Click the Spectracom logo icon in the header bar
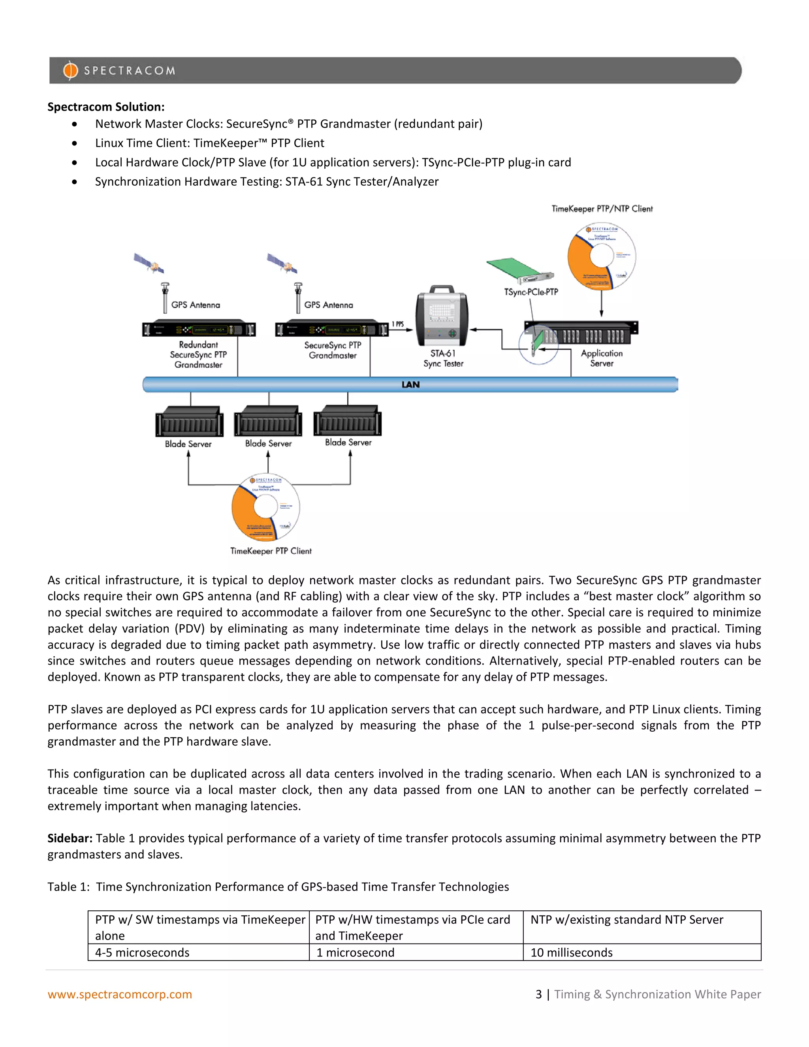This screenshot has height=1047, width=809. click(x=70, y=70)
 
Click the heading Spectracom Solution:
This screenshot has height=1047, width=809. click(x=106, y=107)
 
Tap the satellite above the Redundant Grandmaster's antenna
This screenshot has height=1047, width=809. click(x=149, y=263)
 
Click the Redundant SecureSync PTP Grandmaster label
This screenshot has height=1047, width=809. click(x=198, y=355)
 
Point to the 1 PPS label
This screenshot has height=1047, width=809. click(x=397, y=324)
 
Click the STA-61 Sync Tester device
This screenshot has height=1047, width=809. click(x=442, y=316)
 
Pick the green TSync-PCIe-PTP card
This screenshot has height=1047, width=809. click(x=519, y=271)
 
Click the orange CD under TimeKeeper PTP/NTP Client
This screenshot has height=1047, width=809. click(x=602, y=256)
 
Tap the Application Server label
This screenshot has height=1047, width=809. click(x=602, y=358)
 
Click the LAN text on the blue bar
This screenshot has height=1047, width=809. click(x=410, y=384)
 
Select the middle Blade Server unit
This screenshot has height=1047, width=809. click(x=268, y=422)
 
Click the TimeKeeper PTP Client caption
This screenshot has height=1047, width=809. click(x=271, y=551)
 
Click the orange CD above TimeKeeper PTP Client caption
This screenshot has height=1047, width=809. click(x=265, y=507)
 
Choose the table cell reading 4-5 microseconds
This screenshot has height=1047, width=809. click(x=142, y=953)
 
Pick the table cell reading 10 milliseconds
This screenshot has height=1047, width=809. click(x=571, y=953)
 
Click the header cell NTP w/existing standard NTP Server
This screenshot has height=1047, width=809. click(x=627, y=919)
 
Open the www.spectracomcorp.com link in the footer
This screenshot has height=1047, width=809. click(x=120, y=994)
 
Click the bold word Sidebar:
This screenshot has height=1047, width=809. click(x=70, y=838)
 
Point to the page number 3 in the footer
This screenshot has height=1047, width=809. click(x=539, y=994)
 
